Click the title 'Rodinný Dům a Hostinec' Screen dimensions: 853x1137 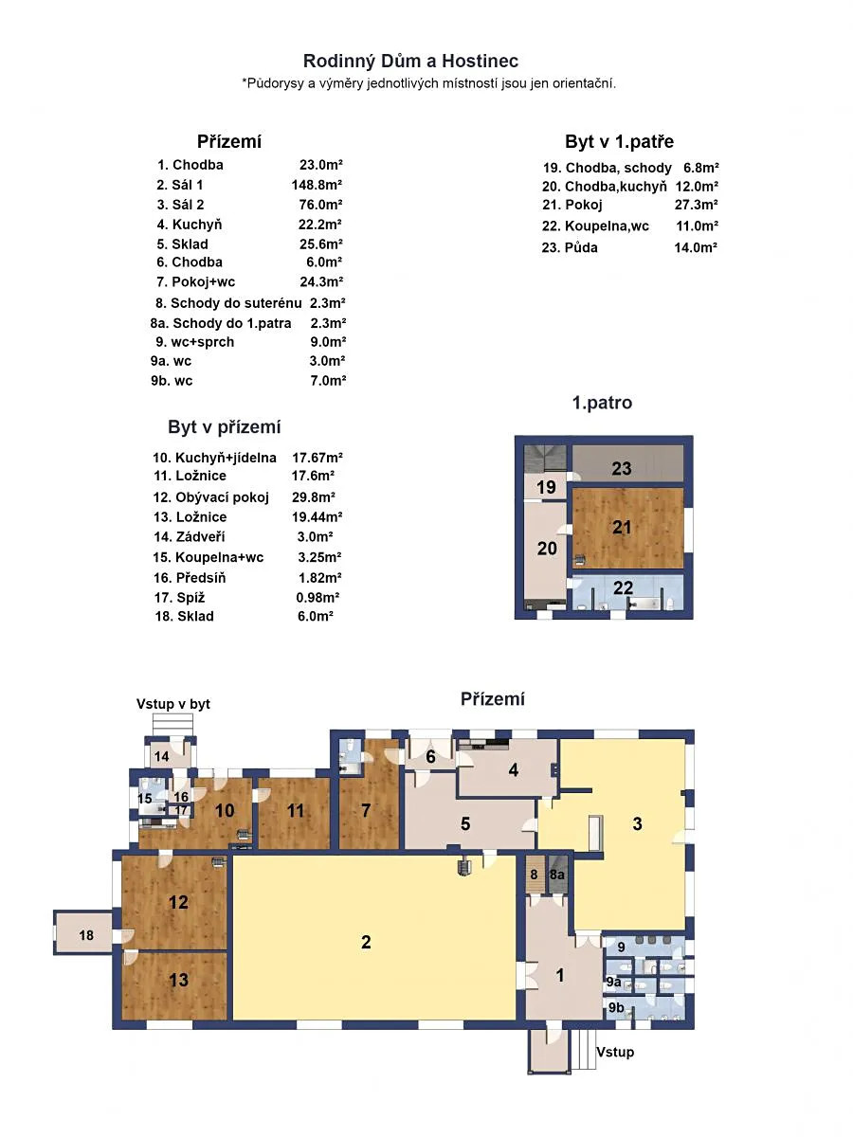coord(410,62)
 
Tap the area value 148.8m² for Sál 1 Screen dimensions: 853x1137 coord(317,185)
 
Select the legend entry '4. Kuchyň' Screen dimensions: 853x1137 coord(189,225)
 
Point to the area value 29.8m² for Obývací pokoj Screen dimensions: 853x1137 coord(314,496)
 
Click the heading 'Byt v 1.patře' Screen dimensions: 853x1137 coord(619,141)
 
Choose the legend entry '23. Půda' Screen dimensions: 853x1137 coord(570,247)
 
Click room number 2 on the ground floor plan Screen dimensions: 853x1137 coord(366,942)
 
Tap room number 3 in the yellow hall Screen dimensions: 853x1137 coord(637,823)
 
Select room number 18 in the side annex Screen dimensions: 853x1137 coord(86,935)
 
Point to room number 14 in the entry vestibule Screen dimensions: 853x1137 coord(161,756)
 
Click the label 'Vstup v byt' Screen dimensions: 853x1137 coord(173,704)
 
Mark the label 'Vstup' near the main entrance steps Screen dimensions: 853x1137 coord(615,1052)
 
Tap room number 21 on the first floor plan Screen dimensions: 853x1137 coord(622,528)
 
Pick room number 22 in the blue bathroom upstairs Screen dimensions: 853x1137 coord(623,588)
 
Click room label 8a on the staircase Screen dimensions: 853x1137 coord(556,875)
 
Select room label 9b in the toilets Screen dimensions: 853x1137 coord(616,1007)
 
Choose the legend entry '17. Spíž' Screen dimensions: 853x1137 coord(179,597)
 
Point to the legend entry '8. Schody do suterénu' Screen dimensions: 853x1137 coord(228,302)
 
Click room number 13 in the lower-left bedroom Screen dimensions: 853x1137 coord(178,980)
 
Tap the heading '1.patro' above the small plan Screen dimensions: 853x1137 coord(602,403)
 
